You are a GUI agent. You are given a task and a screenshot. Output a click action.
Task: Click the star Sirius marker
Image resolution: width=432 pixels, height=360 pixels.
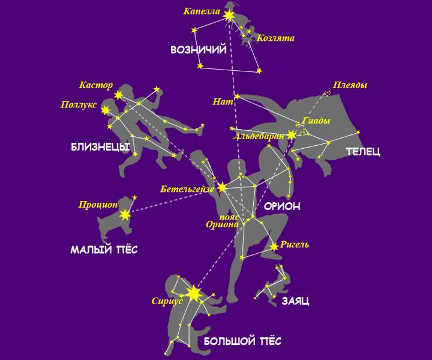click(x=193, y=293)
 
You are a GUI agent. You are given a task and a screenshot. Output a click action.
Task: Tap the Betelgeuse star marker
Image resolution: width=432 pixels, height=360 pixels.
click(x=222, y=187)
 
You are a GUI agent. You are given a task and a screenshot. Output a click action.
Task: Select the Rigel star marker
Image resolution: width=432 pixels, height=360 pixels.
click(x=274, y=247)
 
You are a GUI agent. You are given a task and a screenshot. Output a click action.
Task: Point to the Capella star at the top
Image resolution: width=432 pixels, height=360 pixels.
click(x=229, y=16)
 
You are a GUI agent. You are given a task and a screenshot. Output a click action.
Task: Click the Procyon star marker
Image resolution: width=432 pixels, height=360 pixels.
click(x=125, y=214)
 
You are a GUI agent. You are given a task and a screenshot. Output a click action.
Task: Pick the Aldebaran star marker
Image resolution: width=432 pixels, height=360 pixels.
click(x=292, y=135)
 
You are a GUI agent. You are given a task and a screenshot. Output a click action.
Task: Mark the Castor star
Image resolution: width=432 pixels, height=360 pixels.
click(x=119, y=95)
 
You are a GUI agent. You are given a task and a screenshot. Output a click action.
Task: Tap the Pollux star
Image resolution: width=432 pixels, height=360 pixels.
click(x=106, y=110)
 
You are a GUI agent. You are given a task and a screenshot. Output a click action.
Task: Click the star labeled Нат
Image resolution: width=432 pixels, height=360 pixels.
click(x=237, y=96)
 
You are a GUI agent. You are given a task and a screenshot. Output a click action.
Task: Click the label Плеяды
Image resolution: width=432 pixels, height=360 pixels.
click(x=350, y=85)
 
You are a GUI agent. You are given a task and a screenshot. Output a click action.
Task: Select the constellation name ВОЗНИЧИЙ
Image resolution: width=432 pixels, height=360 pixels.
click(x=198, y=50)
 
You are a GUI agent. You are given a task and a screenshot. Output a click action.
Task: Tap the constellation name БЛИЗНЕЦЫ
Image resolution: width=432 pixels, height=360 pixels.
click(x=100, y=147)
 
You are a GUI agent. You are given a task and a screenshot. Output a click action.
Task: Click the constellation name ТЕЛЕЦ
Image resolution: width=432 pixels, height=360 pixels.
click(x=362, y=152)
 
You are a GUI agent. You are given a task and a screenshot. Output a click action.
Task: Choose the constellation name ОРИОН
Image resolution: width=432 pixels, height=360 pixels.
click(x=282, y=206)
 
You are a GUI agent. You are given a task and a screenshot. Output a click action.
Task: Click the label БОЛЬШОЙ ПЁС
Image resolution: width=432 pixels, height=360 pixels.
click(x=242, y=341)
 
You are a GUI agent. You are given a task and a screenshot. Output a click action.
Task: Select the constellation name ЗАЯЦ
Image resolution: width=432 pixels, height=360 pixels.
click(x=295, y=301)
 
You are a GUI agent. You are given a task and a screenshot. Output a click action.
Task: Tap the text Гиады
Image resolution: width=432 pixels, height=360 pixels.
click(x=317, y=121)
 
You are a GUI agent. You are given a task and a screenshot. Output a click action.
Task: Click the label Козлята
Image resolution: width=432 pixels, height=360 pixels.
click(x=275, y=38)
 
